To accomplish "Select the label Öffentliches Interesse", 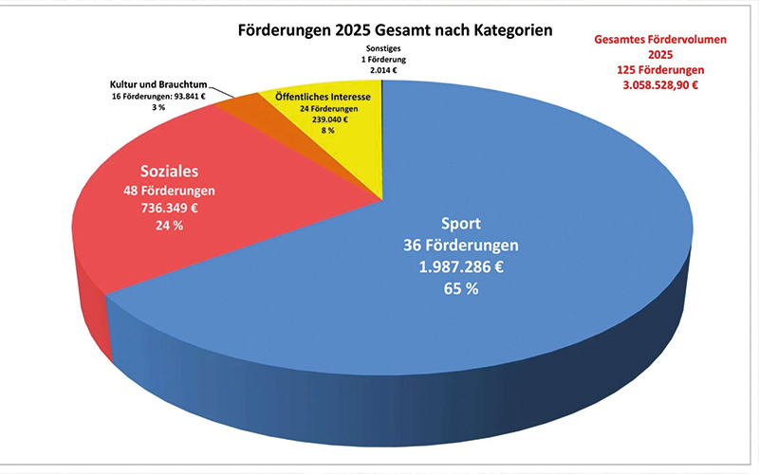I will pyautogui.click(x=322, y=98).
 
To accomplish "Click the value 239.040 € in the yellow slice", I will pyautogui.click(x=322, y=122).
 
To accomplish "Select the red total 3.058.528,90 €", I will pyautogui.click(x=654, y=85).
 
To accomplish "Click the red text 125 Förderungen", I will pyautogui.click(x=654, y=70).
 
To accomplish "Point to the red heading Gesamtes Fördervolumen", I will pyautogui.click(x=654, y=40).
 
